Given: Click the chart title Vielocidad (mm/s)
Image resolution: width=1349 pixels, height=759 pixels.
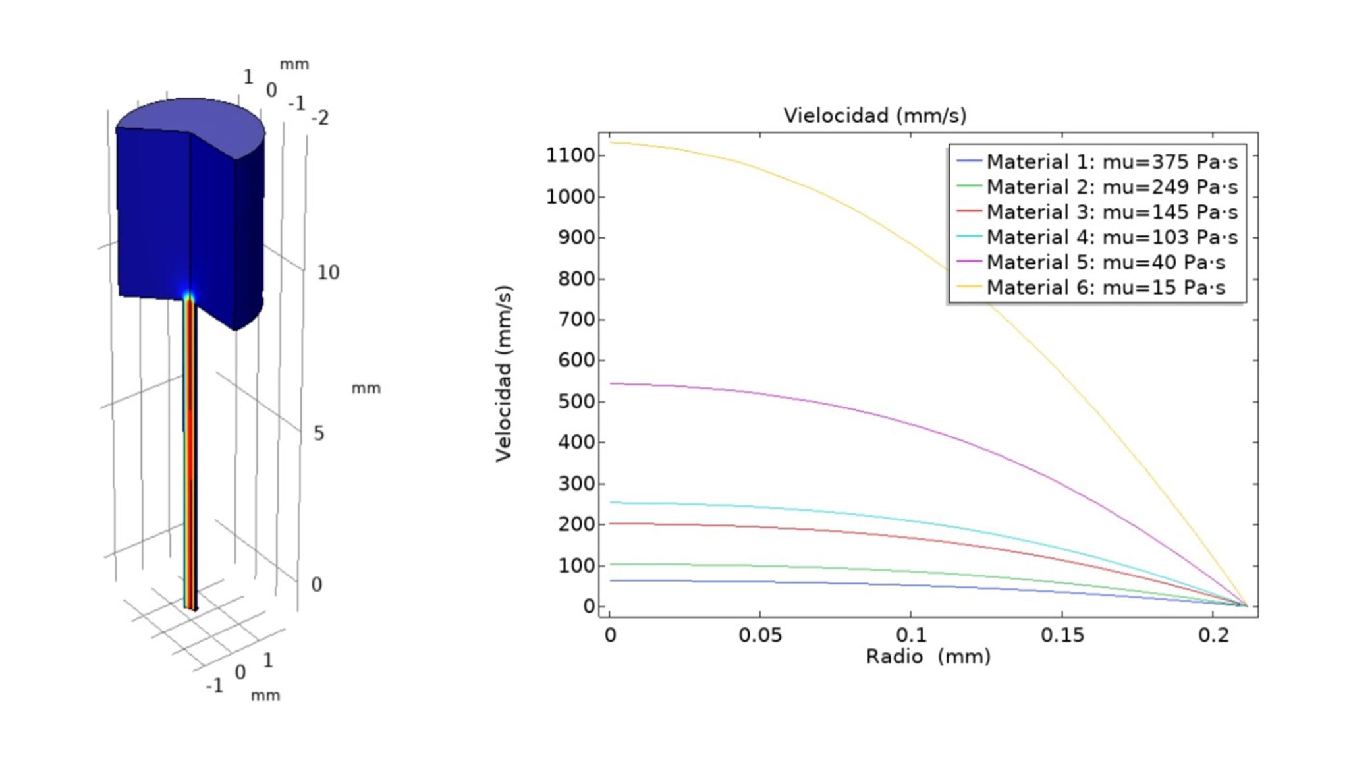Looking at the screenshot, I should pyautogui.click(x=875, y=115).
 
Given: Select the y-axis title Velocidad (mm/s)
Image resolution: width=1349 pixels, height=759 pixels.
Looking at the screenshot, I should pyautogui.click(x=504, y=374).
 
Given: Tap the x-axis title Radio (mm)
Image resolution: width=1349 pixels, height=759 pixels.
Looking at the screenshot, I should pyautogui.click(x=927, y=656).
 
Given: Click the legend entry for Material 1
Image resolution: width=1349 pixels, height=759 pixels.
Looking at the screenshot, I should pyautogui.click(x=1111, y=161).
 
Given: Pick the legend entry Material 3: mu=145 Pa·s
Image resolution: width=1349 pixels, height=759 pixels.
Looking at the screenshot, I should pyautogui.click(x=1111, y=212).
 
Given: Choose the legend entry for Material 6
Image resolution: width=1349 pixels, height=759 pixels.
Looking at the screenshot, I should pyautogui.click(x=1105, y=287).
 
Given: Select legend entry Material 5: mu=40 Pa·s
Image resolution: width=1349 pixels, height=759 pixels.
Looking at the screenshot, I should pyautogui.click(x=1105, y=262).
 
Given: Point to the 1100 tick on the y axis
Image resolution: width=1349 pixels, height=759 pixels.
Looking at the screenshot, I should pyautogui.click(x=570, y=155).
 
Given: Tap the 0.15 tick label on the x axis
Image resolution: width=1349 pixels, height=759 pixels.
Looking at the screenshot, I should pyautogui.click(x=1062, y=635).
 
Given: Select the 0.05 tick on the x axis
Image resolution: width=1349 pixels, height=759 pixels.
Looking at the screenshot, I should pyautogui.click(x=760, y=635).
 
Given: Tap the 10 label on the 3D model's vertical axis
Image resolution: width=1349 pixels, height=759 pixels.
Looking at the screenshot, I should pyautogui.click(x=328, y=273).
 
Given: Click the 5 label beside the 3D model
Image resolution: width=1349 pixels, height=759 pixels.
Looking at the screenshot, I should pyautogui.click(x=319, y=434).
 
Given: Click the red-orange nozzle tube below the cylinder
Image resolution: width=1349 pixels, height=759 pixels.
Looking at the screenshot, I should pyautogui.click(x=190, y=461).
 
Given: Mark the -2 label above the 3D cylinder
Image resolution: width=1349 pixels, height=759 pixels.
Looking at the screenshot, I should pyautogui.click(x=320, y=119).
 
